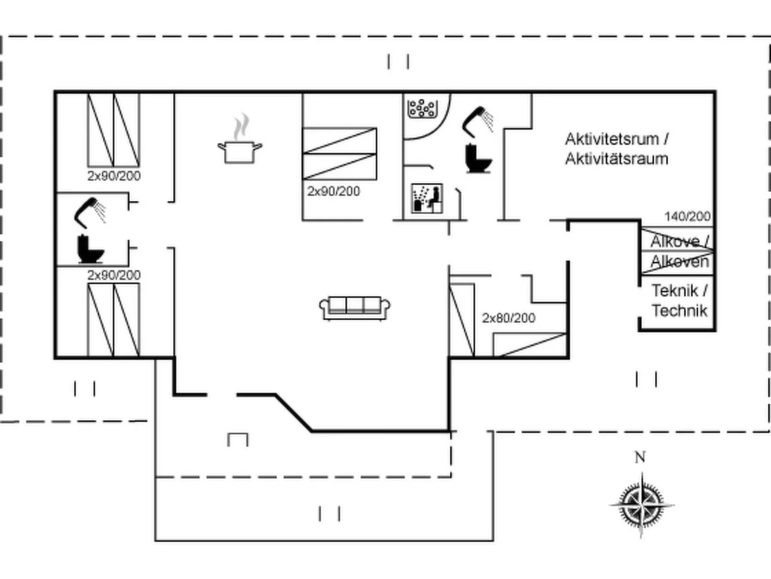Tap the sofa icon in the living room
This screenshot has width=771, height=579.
(x=355, y=308)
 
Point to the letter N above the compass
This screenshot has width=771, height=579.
(x=640, y=457)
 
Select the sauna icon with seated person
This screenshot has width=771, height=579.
(x=427, y=198)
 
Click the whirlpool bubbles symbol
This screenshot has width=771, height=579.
(x=422, y=108)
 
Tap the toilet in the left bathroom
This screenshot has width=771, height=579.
(x=90, y=249)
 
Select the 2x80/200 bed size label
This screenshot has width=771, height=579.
(x=508, y=318)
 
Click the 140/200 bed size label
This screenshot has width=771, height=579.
(x=687, y=217)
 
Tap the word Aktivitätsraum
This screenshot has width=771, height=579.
(x=616, y=159)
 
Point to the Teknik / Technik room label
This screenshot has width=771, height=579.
(x=679, y=301)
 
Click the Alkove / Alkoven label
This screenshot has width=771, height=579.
(x=679, y=251)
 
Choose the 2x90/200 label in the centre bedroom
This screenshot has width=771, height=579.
(x=334, y=191)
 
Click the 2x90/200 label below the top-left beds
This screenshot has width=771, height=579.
(x=114, y=176)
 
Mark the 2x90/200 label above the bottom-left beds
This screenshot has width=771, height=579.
(x=114, y=275)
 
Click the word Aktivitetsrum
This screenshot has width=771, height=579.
(x=611, y=139)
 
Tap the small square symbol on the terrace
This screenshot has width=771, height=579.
(x=238, y=440)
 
